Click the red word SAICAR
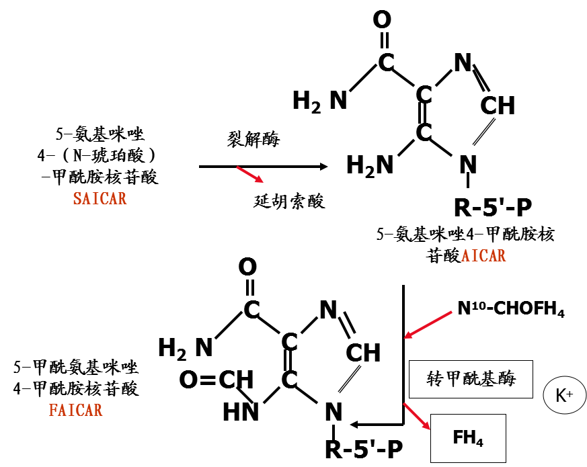100,199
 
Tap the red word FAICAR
75,410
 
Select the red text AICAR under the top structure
483,256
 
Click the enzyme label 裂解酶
253,140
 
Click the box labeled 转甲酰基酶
470,379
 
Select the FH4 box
468,438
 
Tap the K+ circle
563,394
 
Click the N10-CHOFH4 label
511,310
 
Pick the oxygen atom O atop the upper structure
382,20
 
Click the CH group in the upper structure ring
498,105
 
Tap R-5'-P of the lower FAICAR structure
364,450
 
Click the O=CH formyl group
216,380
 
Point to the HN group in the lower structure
241,411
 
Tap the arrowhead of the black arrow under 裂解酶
325,166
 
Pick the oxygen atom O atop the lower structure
247,267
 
